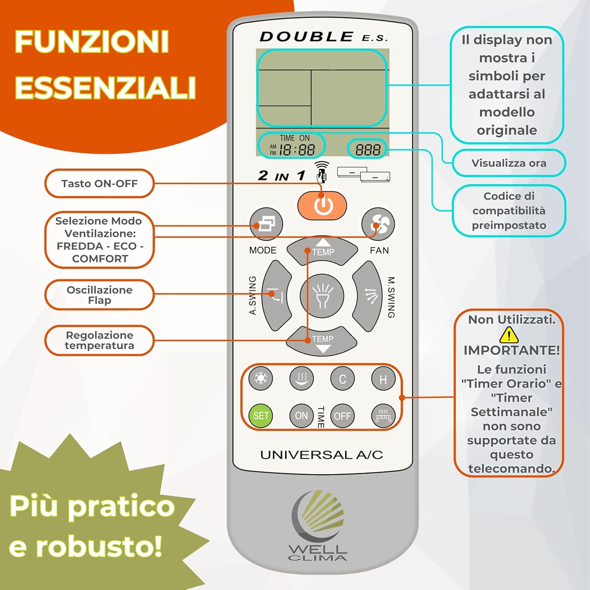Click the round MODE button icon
[266, 224]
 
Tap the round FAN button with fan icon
[378, 224]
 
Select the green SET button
[261, 416]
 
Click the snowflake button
[260, 378]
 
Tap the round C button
[343, 379]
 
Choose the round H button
[383, 379]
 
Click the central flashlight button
[322, 296]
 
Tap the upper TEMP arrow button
[323, 251]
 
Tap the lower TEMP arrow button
[323, 341]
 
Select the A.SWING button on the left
[276, 296]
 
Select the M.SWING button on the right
[368, 296]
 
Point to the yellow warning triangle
[509, 335]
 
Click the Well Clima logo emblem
[318, 515]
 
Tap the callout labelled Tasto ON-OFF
[99, 183]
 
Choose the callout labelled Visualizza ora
[509, 163]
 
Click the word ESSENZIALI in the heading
[105, 87]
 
